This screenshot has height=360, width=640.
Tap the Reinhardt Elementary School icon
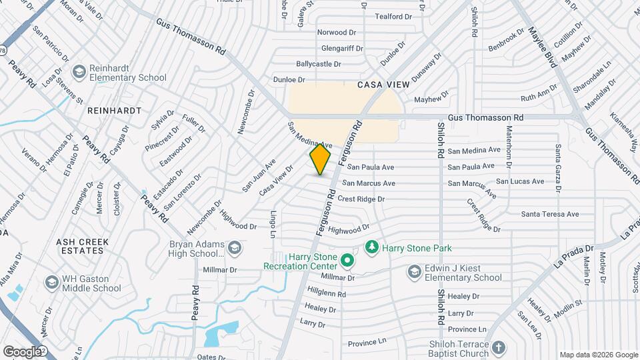[79, 71]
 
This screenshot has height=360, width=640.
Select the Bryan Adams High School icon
[234, 249]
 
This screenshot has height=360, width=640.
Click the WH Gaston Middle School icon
[52, 283]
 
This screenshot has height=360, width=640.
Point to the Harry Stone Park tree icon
[372, 248]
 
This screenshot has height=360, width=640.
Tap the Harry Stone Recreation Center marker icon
[346, 260]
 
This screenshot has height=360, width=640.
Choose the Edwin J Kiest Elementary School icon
[414, 272]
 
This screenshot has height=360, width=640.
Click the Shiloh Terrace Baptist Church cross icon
[499, 347]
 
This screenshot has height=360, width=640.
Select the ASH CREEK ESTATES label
[81, 246]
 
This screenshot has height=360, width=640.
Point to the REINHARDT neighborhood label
[113, 109]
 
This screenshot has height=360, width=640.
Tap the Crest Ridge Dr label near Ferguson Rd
[361, 199]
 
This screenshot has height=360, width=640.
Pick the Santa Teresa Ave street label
[550, 214]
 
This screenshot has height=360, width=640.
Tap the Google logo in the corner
[21, 351]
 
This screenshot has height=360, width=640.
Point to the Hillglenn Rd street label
[327, 293]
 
